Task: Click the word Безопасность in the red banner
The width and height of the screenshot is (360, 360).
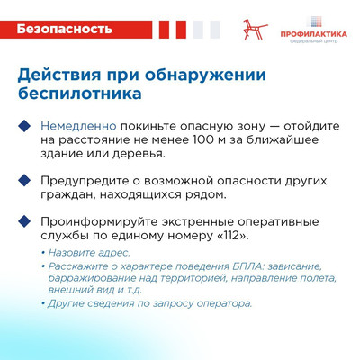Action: coord(64,29)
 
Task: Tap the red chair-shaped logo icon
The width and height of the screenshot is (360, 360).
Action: coord(255,30)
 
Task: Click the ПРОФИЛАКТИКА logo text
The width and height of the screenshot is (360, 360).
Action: coord(313,34)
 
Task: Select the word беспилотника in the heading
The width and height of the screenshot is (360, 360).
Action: coord(80,94)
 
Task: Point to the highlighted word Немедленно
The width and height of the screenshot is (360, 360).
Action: coord(78,126)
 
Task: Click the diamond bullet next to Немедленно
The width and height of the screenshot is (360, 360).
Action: coord(24,126)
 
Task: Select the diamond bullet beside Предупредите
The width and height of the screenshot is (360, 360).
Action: coord(24,181)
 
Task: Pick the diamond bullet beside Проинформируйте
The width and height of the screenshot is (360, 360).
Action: coord(24,221)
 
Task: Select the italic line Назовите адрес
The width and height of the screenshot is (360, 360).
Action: coord(89,253)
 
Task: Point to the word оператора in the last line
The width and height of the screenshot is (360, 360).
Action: coord(224,304)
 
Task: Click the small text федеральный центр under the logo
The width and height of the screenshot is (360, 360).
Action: coord(313,41)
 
